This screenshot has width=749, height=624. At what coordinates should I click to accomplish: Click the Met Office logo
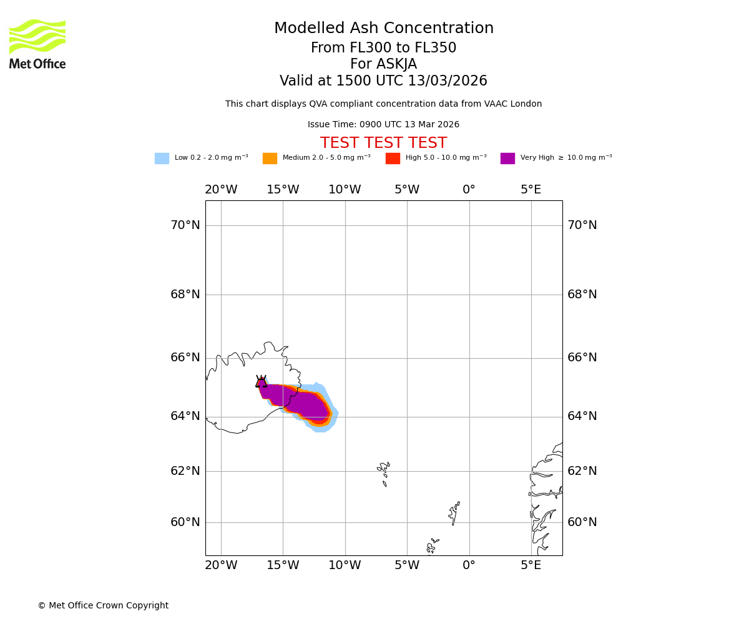tap(37, 44)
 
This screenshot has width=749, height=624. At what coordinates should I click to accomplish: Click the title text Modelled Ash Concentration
tap(383, 29)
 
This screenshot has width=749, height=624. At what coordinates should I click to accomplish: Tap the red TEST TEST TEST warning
tap(383, 144)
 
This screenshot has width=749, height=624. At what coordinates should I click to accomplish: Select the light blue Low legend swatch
tap(162, 158)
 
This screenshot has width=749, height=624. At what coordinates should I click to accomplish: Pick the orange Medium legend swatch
tap(270, 158)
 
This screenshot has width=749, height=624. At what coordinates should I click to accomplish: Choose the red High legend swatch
tap(393, 158)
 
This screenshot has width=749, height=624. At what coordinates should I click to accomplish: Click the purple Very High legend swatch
tap(507, 158)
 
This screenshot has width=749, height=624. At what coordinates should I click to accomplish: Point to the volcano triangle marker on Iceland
tap(261, 382)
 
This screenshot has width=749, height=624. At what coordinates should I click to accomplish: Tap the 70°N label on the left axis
tap(185, 225)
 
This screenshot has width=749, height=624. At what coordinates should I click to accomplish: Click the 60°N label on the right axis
tap(582, 522)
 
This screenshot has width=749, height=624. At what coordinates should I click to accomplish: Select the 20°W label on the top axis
tap(221, 190)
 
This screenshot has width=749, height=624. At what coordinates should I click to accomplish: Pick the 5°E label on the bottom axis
tap(531, 565)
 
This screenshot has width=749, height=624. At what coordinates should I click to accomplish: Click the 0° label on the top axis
tap(469, 190)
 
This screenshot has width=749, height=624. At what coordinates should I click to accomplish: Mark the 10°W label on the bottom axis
tap(345, 565)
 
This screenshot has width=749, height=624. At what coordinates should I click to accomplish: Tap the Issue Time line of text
tap(383, 125)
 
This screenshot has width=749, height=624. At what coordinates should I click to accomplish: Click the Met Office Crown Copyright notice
tap(103, 606)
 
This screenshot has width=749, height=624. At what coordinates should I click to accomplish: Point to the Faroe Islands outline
tap(384, 472)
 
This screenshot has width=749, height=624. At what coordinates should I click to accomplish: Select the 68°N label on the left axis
tap(185, 295)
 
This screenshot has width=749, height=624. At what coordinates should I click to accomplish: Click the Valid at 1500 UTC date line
tap(383, 81)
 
